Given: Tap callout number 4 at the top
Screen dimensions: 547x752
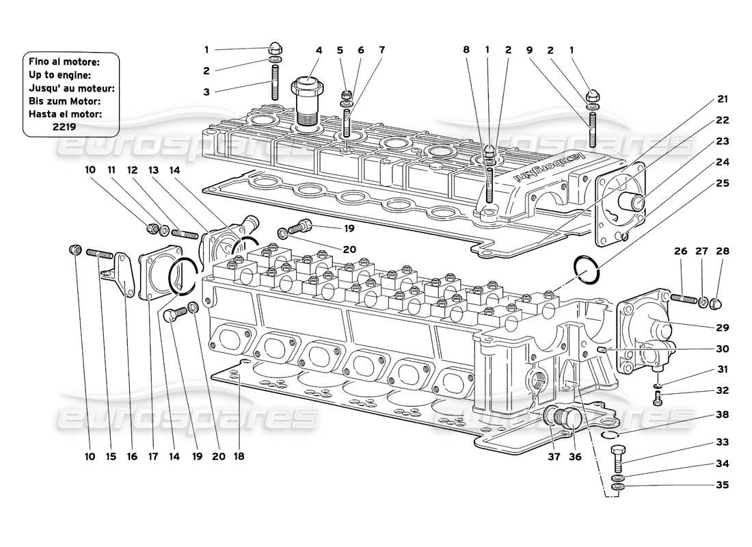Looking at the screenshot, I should tap(318, 50).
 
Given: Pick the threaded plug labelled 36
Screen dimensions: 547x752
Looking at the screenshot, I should tap(569, 420).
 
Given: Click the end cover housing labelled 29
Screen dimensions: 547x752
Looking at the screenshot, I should tap(646, 332).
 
